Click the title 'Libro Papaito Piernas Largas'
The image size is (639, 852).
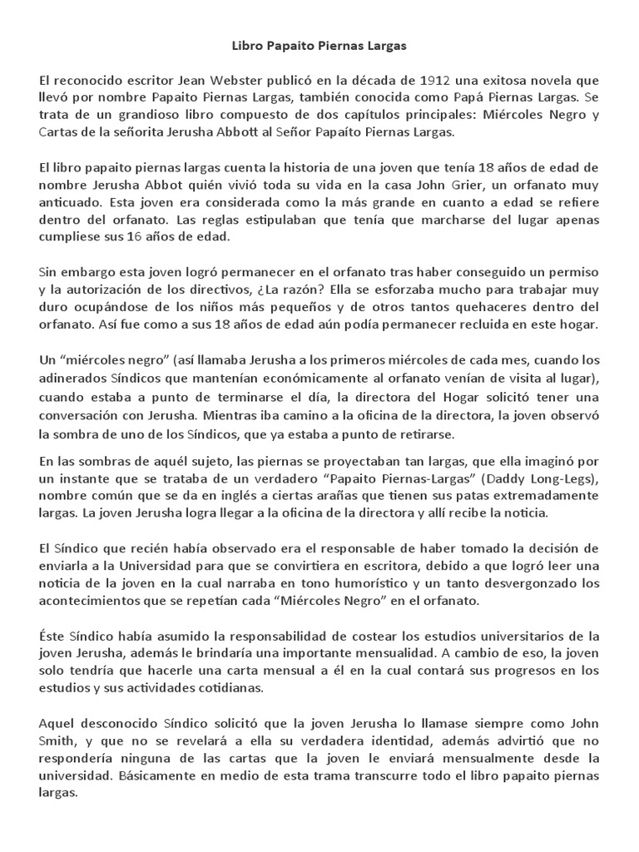pyautogui.click(x=319, y=47)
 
